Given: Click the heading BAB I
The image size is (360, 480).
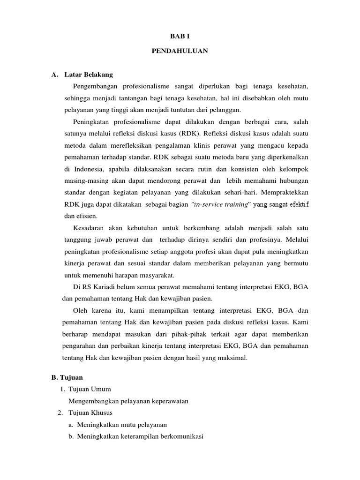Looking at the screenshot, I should point(180,36).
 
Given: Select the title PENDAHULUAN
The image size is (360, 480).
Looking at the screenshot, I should point(180,51).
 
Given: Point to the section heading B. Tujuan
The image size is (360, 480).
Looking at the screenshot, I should point(67,376).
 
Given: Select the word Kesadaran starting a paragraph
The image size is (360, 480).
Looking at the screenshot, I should point(90,228).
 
